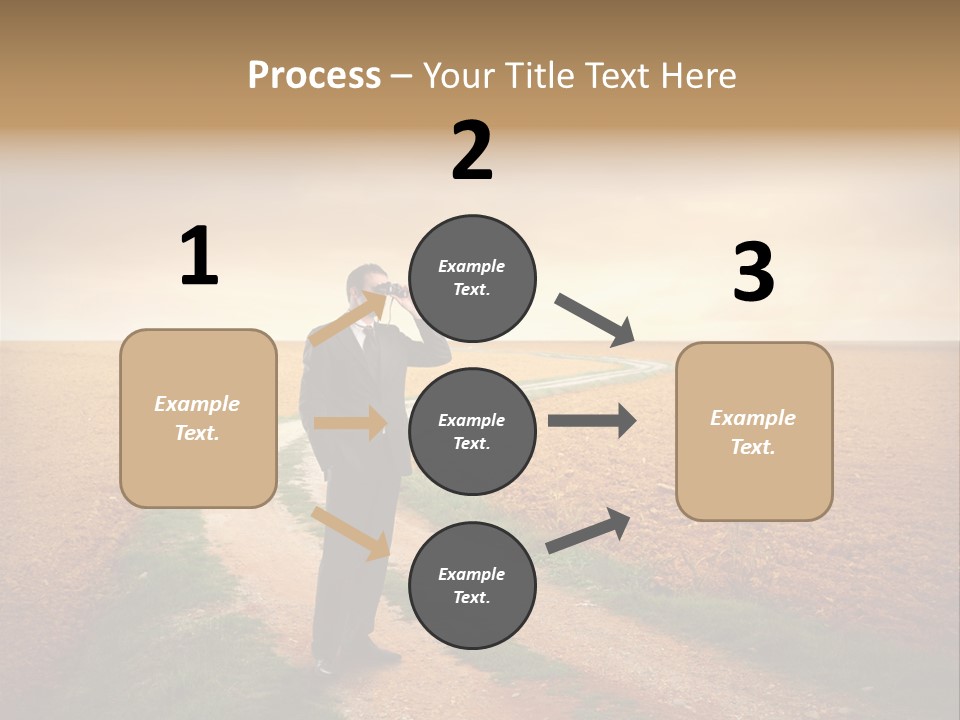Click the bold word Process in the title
(314, 76)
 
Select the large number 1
(199, 256)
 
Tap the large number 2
(472, 151)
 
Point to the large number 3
(754, 273)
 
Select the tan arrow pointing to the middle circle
(349, 423)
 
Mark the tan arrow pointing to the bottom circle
(351, 532)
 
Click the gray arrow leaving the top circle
(596, 320)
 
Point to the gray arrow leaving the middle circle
(591, 420)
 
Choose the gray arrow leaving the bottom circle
(588, 530)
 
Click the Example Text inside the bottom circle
(472, 586)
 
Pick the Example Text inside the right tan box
(753, 432)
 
